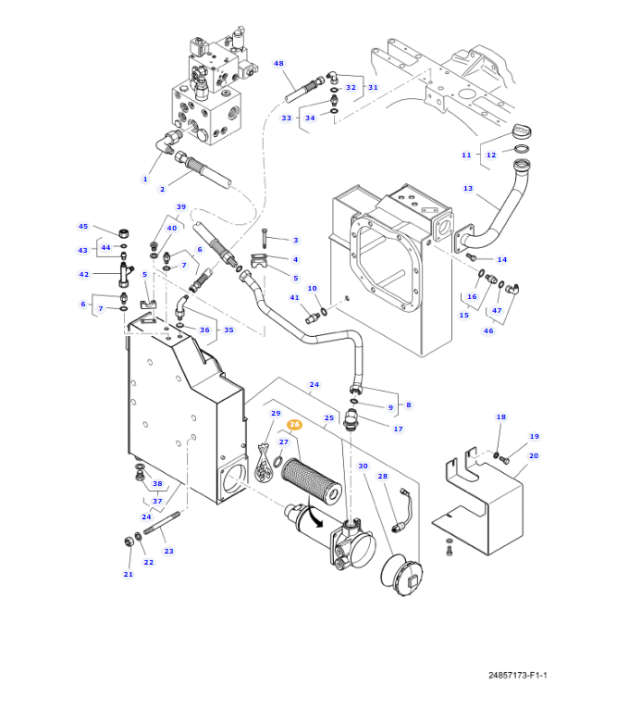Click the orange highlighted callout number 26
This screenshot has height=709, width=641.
294,425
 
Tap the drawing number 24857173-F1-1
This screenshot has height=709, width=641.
517,675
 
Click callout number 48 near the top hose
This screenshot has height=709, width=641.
278,64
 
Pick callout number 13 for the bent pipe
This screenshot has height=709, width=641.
468,189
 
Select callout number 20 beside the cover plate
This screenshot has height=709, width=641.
534,455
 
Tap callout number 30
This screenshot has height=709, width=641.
363,466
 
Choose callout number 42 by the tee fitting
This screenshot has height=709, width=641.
83,274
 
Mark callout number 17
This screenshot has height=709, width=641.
398,429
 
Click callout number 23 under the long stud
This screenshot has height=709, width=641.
168,551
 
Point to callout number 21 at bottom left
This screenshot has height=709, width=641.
128,574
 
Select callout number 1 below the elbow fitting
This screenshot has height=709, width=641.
144,179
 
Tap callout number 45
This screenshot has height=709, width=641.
83,227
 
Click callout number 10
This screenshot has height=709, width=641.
312,288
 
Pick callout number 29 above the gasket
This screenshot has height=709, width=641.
276,413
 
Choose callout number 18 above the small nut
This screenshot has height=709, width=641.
500,417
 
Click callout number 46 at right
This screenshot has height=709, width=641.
487,330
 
